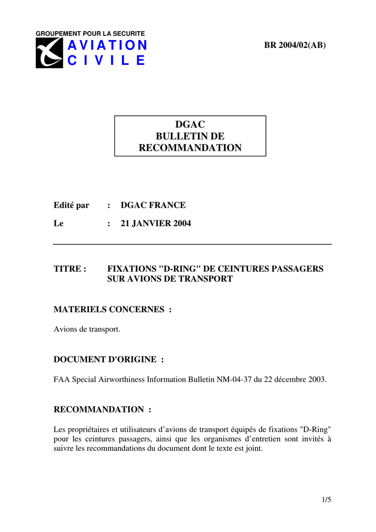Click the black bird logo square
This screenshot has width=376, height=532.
click(49, 53)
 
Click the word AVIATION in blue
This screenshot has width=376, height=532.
click(107, 46)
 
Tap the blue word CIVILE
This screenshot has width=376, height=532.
click(106, 61)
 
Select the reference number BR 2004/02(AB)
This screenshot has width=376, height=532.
click(295, 45)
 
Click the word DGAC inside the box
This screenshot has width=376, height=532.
click(190, 125)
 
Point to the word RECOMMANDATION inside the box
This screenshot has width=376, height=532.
click(190, 148)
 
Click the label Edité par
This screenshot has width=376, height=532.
click(72, 205)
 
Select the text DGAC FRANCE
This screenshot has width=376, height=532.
click(153, 205)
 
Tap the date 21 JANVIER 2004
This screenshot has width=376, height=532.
click(156, 224)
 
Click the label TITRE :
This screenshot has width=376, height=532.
click(70, 269)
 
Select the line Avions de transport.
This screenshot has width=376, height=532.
click(87, 329)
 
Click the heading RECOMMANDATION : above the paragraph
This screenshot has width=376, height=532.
click(102, 409)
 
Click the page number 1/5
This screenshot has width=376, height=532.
click(326, 500)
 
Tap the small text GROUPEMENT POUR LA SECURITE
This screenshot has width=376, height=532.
click(90, 34)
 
